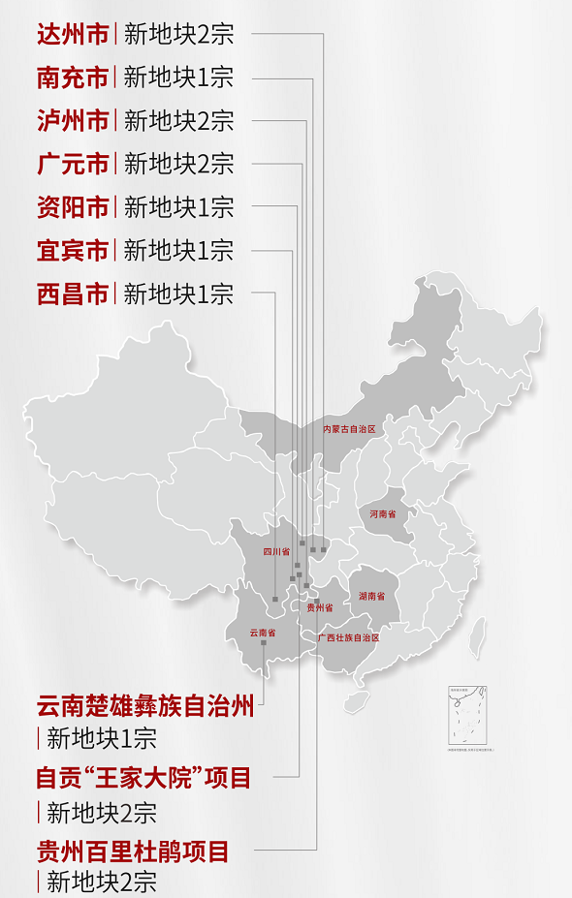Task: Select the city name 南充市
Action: [73, 77]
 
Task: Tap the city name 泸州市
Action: [73, 120]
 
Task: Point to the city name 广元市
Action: [73, 163]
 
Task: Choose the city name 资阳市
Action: [73, 206]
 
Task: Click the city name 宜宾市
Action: [73, 249]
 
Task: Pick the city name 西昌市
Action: [73, 293]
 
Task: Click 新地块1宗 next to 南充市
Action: [178, 77]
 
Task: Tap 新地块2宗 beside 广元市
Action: [178, 163]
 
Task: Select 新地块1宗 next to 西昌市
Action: [178, 293]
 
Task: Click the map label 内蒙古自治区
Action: [348, 428]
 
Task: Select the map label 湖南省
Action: [371, 596]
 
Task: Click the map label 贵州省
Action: [319, 607]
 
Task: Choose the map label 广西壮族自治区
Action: [347, 637]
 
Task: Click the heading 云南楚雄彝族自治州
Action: [145, 706]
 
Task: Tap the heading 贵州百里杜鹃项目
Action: [133, 852]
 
